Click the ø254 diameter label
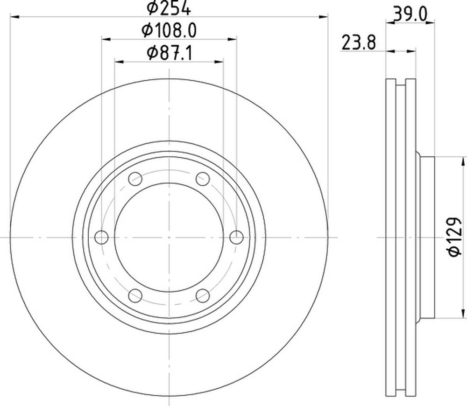[169, 8]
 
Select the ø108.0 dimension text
[169, 30]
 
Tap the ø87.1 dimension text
[170, 53]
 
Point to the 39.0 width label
[410, 14]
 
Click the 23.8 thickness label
[359, 42]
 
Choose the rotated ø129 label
[454, 237]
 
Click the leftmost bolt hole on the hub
[101, 237]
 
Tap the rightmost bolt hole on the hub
[236, 237]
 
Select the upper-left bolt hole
[135, 179]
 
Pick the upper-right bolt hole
[203, 179]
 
